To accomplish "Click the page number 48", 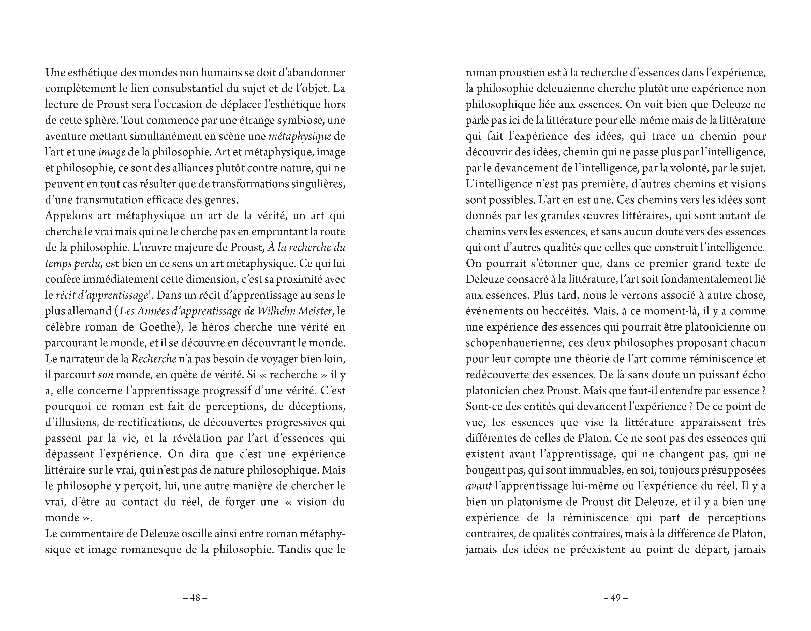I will [x=195, y=598].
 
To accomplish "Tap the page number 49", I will [x=616, y=598].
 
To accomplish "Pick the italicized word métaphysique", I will [x=300, y=136].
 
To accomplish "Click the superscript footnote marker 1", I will [x=149, y=293].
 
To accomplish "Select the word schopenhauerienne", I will [x=515, y=343].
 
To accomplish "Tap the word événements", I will [x=491, y=311].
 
